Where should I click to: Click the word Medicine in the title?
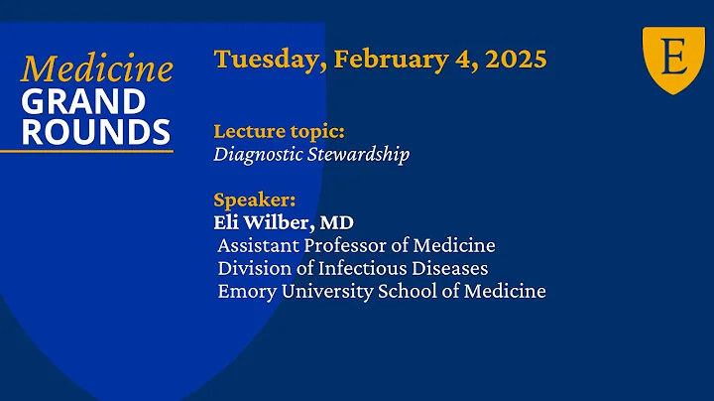pos(97,68)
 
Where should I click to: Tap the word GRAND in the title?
pos(83,101)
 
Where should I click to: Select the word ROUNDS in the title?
pos(95,131)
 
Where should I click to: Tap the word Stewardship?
pos(357,155)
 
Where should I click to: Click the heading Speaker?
pos(254,200)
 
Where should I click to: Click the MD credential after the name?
pos(336,222)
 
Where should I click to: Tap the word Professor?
pos(348,245)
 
